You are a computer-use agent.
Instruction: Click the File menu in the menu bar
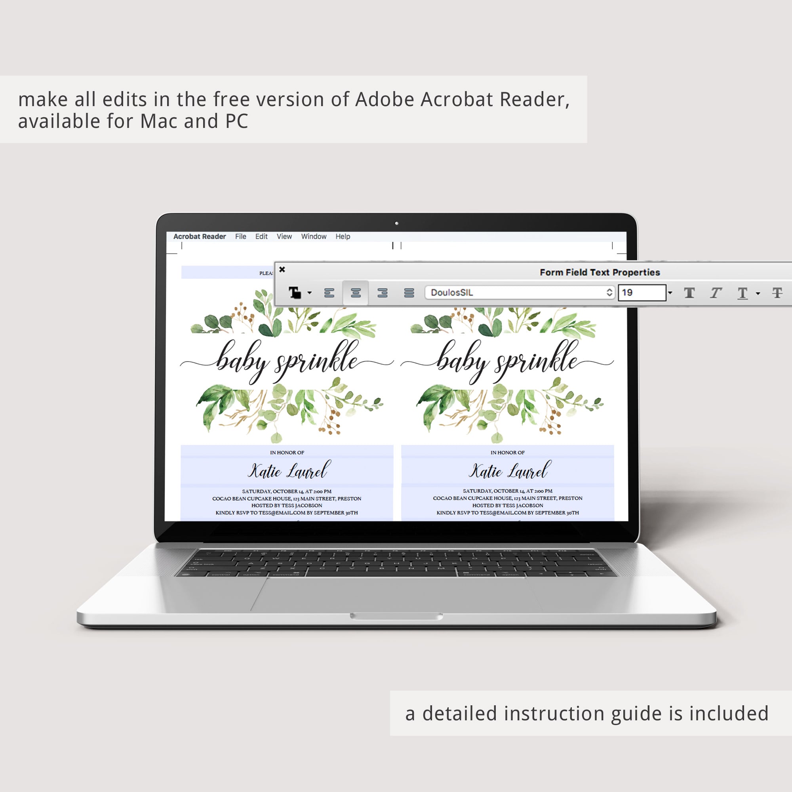[241, 236]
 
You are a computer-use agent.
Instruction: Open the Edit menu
[261, 236]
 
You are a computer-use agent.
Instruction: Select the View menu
[284, 236]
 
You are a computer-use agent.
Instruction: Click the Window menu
[314, 236]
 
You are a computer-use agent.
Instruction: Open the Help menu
[343, 236]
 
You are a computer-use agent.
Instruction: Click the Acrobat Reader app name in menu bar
[200, 236]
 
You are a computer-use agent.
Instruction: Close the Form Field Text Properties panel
[282, 269]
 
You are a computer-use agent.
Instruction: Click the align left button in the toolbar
[329, 293]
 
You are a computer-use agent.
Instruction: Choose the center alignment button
[356, 293]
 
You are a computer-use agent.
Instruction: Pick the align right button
[383, 293]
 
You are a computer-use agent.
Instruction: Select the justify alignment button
[409, 293]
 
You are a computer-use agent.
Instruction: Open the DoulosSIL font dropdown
[520, 292]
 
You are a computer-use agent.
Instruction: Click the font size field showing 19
[642, 293]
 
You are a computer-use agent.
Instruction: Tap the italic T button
[716, 293]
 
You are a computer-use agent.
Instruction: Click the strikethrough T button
[777, 293]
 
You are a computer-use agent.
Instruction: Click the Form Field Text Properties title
[600, 272]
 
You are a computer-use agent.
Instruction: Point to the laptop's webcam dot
[396, 223]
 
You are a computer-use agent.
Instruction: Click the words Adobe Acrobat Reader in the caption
[463, 99]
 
